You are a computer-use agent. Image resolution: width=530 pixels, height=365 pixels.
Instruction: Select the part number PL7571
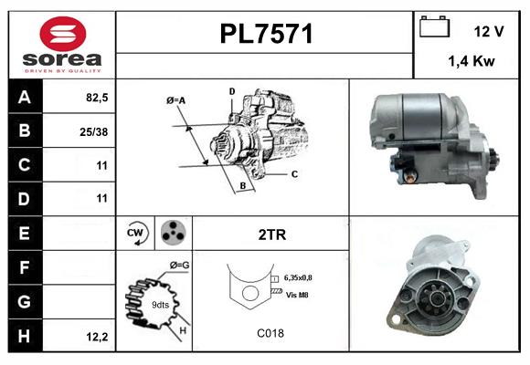pyautogui.click(x=266, y=35)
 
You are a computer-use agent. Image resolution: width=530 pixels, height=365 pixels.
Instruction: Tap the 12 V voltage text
pyautogui.click(x=489, y=31)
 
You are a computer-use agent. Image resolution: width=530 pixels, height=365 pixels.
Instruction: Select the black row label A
pyautogui.click(x=24, y=98)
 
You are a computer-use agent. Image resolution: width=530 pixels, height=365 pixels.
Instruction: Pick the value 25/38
pyautogui.click(x=94, y=131)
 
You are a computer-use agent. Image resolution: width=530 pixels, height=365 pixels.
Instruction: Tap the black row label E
pyautogui.click(x=24, y=234)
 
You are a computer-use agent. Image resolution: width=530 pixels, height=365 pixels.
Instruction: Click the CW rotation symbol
pyautogui.click(x=136, y=234)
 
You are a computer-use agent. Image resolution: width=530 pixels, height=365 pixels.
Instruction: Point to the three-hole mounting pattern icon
pyautogui.click(x=172, y=234)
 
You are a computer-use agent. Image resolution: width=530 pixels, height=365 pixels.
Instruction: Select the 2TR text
pyautogui.click(x=272, y=235)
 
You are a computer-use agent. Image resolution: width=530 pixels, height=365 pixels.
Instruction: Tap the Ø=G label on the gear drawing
pyautogui.click(x=179, y=266)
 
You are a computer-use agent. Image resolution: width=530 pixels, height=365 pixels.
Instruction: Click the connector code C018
pyautogui.click(x=271, y=333)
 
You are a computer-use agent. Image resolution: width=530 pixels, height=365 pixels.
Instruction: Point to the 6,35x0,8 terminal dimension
pyautogui.click(x=305, y=276)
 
